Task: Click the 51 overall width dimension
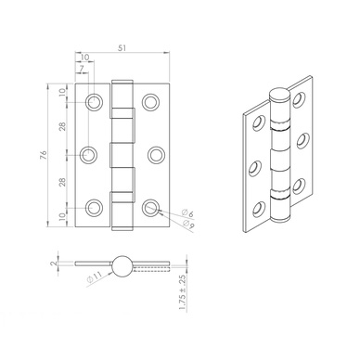coord(122,47)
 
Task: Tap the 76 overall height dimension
coord(44,155)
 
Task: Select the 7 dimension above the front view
coord(82,69)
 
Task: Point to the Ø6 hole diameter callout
coord(187,213)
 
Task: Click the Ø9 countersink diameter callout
coord(188,225)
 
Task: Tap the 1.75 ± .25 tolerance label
coord(183,292)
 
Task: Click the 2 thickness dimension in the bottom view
coord(54,264)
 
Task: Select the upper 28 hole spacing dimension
coord(62,127)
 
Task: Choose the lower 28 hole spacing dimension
coord(62,183)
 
